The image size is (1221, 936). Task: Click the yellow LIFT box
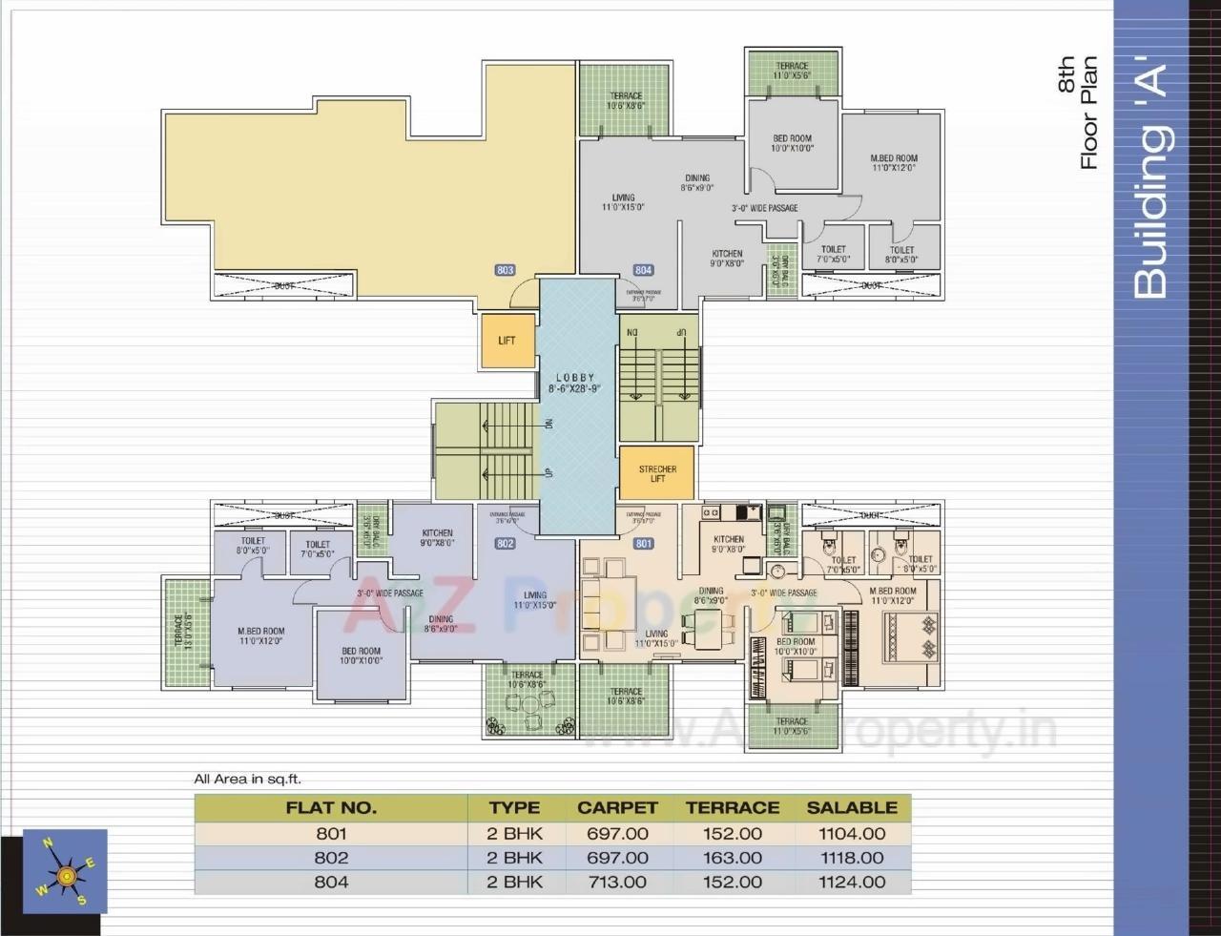pyautogui.click(x=507, y=341)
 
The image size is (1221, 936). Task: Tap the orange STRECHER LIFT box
pyautogui.click(x=657, y=473)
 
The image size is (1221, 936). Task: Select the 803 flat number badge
pyautogui.click(x=506, y=270)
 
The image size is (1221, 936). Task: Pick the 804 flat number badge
pyautogui.click(x=643, y=270)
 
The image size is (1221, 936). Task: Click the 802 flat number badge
pyautogui.click(x=506, y=544)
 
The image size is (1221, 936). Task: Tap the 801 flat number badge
pyautogui.click(x=643, y=544)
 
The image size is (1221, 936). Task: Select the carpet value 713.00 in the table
pyautogui.click(x=617, y=883)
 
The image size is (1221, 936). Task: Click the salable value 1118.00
pyautogui.click(x=852, y=858)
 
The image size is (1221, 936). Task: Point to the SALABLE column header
pyautogui.click(x=852, y=807)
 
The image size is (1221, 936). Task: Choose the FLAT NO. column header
pyautogui.click(x=331, y=807)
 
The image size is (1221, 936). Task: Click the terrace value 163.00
pyautogui.click(x=733, y=858)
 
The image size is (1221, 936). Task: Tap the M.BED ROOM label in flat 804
pyautogui.click(x=894, y=163)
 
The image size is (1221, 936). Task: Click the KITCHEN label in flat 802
pyautogui.click(x=438, y=538)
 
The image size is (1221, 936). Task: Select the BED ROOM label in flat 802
pyautogui.click(x=362, y=655)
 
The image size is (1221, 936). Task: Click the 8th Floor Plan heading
pyautogui.click(x=1078, y=113)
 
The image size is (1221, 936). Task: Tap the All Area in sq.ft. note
pyautogui.click(x=247, y=780)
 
